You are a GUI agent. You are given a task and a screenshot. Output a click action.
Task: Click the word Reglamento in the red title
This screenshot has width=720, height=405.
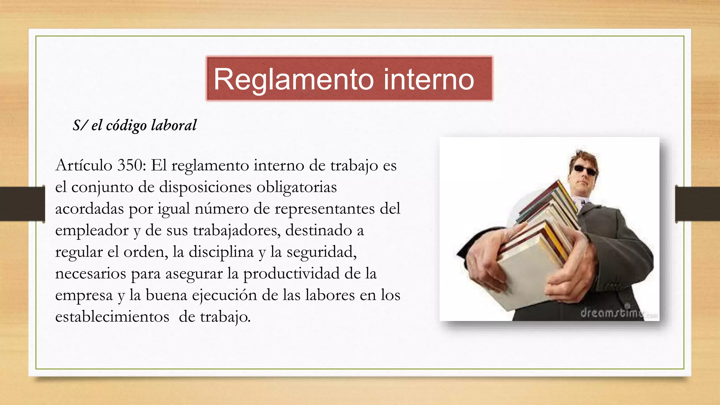pos(294,79)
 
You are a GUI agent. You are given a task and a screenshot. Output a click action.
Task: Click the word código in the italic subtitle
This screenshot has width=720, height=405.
pos(126,126)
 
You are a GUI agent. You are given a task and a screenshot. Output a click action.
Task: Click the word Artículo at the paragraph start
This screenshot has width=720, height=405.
pos(84,165)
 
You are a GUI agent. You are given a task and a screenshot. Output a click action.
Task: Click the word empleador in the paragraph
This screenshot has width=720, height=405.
pos(92,231)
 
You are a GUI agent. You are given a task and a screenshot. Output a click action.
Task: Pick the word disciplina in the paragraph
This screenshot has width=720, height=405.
pos(221,252)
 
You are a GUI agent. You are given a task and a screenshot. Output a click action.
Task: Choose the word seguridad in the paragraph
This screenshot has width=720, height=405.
pos(321,252)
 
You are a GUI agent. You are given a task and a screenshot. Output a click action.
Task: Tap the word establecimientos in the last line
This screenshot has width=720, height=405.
pos(112,316)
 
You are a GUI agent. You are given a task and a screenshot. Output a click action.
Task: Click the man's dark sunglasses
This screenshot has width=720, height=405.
pos(585,170)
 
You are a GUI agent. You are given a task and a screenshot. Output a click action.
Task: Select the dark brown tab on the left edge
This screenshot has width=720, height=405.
pos(22,204)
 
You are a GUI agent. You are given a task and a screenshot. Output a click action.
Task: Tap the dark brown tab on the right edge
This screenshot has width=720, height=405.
pos(697,204)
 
